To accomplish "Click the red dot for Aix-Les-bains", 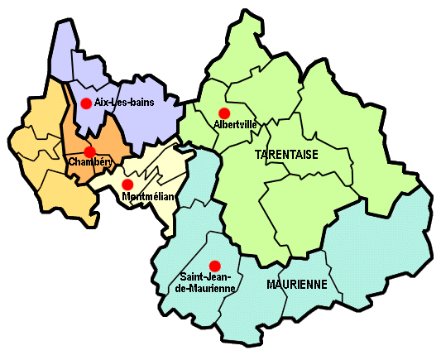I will coord(84,103).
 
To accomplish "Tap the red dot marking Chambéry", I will coord(89,152).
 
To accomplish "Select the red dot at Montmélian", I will coord(127,184).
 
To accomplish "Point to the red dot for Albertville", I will coord(223,113).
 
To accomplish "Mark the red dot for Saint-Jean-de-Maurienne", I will coord(216,266).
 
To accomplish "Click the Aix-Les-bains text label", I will coord(124,103).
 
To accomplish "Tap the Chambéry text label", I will coord(89,161).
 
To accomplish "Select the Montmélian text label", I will coord(146,197).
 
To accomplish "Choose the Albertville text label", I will coord(235,124).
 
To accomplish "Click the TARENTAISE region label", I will coord(286,155).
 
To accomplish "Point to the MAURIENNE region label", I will coord(297,284).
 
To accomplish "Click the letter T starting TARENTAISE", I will coord(258,155).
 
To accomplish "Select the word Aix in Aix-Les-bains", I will coord(102,103).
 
